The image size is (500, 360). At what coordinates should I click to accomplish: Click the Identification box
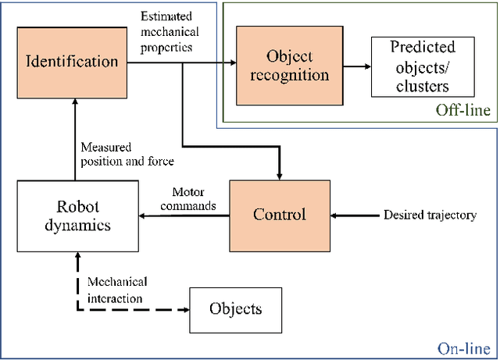click(x=72, y=61)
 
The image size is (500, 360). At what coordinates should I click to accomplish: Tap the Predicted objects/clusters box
click(x=422, y=66)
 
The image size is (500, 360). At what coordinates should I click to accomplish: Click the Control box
click(x=279, y=215)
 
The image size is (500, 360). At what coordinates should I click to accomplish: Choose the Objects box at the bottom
click(x=235, y=308)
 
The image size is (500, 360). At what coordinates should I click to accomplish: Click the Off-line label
click(x=463, y=110)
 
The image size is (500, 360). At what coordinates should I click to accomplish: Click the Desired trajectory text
click(x=430, y=215)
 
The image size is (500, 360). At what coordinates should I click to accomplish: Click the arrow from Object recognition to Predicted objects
click(x=354, y=66)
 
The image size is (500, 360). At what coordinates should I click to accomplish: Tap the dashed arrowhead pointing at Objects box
click(x=186, y=309)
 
